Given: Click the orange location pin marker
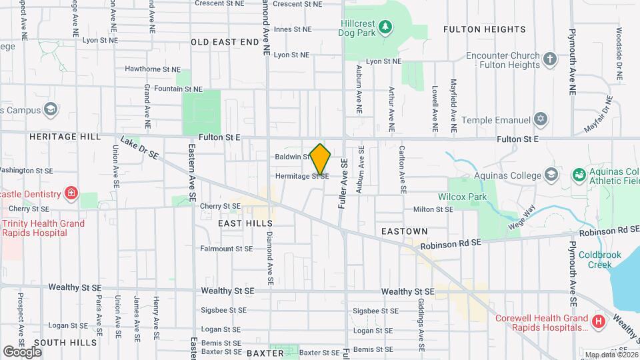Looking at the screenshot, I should [x=320, y=159].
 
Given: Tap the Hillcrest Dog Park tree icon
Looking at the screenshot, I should [x=385, y=27].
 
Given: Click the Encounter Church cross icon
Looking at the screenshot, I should [x=550, y=59].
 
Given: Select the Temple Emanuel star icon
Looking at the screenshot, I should [x=541, y=120].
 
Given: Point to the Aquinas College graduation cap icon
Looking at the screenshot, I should [x=551, y=175].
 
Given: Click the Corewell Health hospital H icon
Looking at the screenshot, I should [x=598, y=322].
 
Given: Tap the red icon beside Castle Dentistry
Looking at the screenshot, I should [x=71, y=194].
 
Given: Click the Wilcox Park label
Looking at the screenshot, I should [x=462, y=197].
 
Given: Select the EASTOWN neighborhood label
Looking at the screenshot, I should [x=404, y=231].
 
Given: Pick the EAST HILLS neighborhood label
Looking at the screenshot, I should [x=245, y=223].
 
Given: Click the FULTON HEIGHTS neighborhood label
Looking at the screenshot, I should [x=485, y=29].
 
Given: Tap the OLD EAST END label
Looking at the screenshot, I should [x=225, y=42].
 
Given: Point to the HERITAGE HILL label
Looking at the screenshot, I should [x=65, y=136].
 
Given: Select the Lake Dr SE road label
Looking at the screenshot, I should [x=139, y=149].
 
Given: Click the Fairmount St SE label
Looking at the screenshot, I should [x=227, y=249].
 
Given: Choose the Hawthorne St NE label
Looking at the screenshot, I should [x=153, y=69].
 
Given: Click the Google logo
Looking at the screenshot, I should [x=22, y=351].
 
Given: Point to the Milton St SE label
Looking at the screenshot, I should [x=433, y=209].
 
